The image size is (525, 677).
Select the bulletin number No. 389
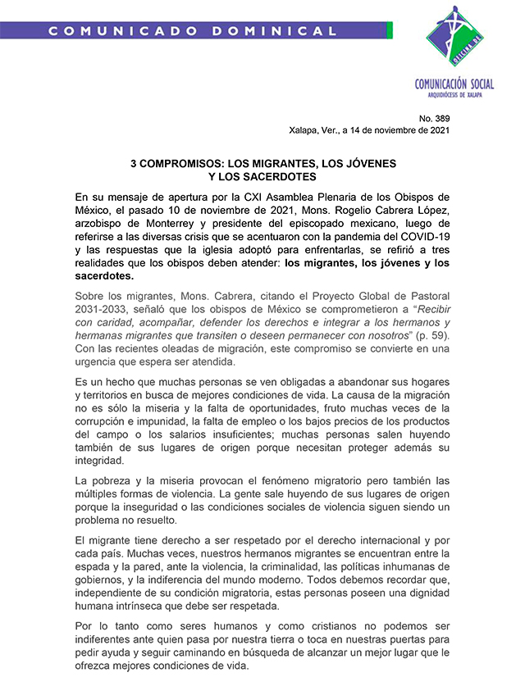[x=435, y=119]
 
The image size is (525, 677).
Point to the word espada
[x=93, y=566]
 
